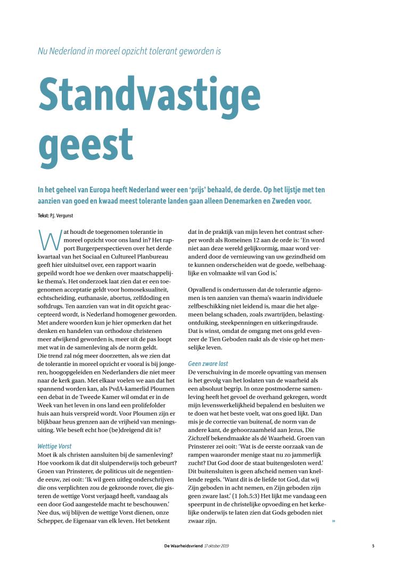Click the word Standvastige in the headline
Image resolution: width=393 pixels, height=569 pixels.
(x=150, y=95)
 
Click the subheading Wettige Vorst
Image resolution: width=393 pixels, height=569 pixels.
(x=54, y=446)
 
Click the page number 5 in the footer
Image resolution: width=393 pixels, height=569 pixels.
(x=373, y=546)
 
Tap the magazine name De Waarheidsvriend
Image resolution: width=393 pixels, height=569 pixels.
(x=183, y=546)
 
